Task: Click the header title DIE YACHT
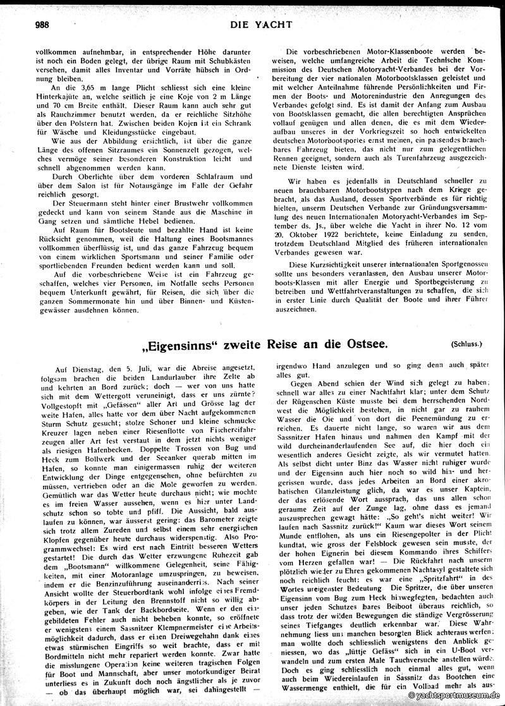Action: pyautogui.click(x=253, y=25)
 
